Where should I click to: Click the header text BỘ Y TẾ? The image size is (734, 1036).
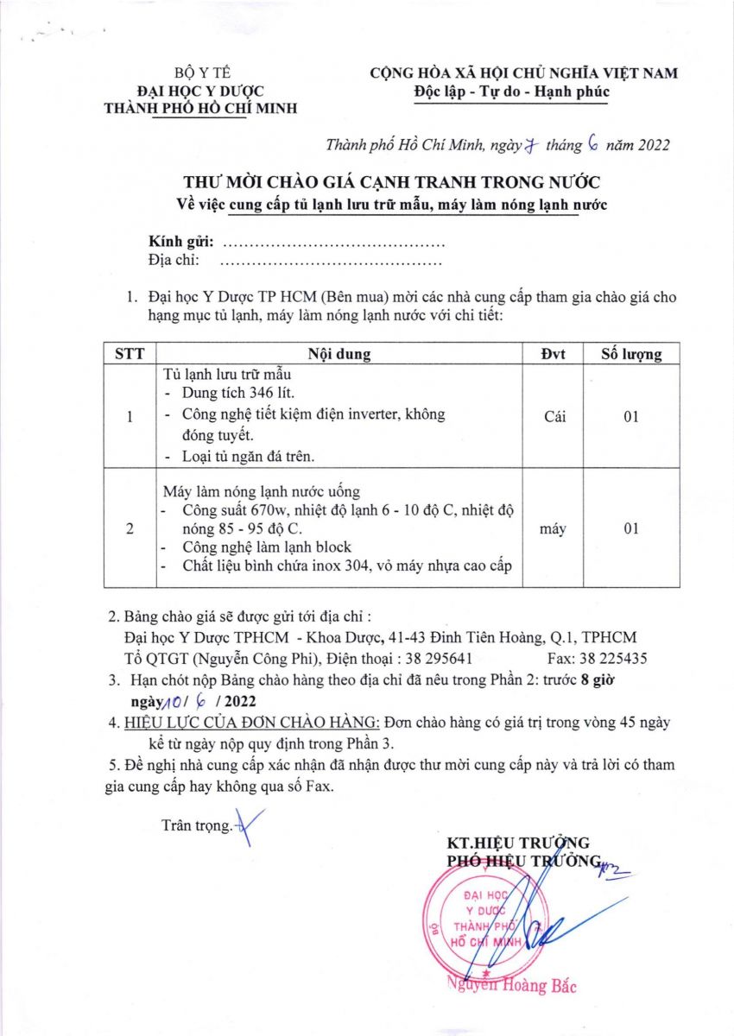click(199, 73)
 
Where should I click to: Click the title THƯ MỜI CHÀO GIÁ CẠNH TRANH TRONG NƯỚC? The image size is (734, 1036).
click(391, 183)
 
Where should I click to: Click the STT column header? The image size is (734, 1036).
click(129, 354)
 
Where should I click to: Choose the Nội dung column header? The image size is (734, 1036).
click(340, 354)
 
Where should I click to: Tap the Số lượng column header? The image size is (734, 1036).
click(631, 354)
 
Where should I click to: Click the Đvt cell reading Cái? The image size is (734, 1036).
click(554, 417)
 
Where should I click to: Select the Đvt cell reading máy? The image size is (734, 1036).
click(554, 528)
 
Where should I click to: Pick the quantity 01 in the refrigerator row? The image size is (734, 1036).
click(631, 417)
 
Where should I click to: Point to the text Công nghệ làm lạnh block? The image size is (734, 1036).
click(266, 547)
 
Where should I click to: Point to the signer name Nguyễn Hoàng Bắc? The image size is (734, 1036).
click(511, 986)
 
